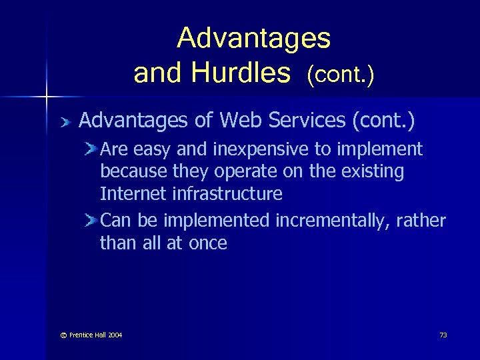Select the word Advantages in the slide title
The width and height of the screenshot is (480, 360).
253,39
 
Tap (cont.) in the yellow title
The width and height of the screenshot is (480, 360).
340,75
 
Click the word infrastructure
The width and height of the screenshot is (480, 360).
228,194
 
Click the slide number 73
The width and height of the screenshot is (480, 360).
443,335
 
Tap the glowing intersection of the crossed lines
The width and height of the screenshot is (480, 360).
47,97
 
